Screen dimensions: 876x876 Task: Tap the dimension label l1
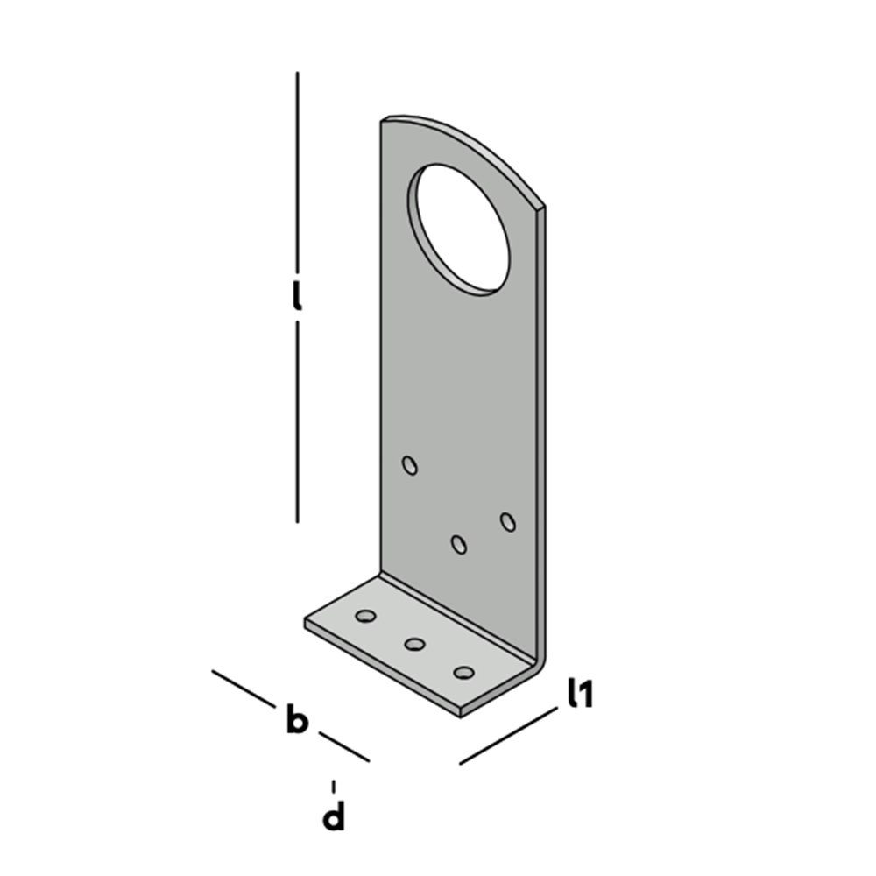(x=580, y=693)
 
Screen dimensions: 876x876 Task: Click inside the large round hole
(x=462, y=229)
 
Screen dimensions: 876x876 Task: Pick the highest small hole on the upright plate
(x=410, y=465)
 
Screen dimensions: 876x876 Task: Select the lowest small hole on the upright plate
(x=459, y=544)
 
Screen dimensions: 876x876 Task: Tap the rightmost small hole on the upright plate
(x=508, y=522)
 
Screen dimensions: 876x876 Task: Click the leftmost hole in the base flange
(x=365, y=616)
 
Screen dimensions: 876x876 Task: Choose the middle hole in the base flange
(x=414, y=644)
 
